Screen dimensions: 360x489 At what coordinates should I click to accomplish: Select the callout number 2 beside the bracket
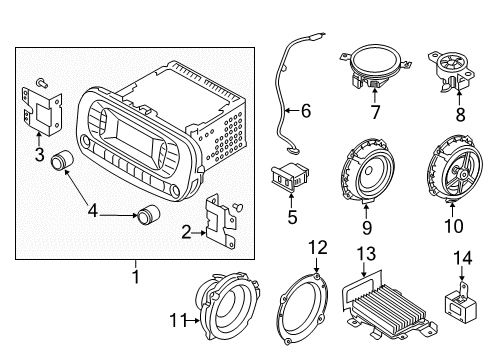187,232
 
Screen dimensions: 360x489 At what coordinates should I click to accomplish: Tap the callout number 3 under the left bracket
38,153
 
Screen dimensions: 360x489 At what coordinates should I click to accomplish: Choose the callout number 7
375,113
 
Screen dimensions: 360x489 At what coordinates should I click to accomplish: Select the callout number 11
177,321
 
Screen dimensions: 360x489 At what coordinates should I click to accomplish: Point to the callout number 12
317,247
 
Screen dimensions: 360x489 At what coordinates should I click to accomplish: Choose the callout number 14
462,259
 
